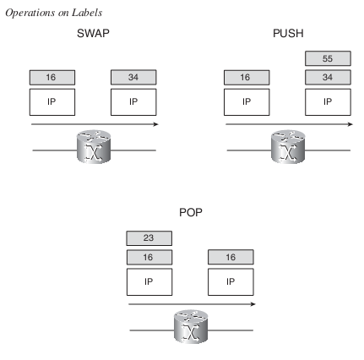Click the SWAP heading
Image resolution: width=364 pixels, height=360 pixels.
pos(93,33)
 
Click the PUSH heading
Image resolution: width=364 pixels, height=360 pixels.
pos(288,33)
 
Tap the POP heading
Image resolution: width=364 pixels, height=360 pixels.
pos(191,212)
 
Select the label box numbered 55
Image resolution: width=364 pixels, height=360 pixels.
pos(328,58)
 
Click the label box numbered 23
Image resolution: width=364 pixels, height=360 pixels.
pos(149,238)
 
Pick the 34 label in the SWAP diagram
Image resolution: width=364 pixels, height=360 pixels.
pos(133,77)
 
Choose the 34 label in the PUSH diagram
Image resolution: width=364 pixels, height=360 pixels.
pos(328,77)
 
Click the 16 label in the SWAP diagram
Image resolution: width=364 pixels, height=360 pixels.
pos(52,77)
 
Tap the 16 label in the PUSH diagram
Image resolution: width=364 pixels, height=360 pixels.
pos(247,77)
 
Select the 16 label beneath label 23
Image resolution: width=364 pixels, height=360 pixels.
pos(149,257)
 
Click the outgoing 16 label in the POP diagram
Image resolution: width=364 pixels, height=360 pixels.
pos(231,257)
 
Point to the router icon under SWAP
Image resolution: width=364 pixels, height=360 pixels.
pos(94,146)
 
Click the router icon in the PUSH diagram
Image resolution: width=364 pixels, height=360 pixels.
pos(288,146)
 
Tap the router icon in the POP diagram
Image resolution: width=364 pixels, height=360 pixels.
pos(191,326)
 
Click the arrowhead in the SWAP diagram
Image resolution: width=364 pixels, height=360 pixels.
pos(155,124)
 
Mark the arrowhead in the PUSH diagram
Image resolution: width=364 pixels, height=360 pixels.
pos(350,124)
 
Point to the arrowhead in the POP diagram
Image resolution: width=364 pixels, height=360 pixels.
pos(253,304)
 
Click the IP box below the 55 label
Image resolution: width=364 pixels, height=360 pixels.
pos(328,102)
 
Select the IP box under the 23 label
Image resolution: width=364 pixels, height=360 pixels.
pos(149,281)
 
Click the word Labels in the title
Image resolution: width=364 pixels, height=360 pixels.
pos(87,13)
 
